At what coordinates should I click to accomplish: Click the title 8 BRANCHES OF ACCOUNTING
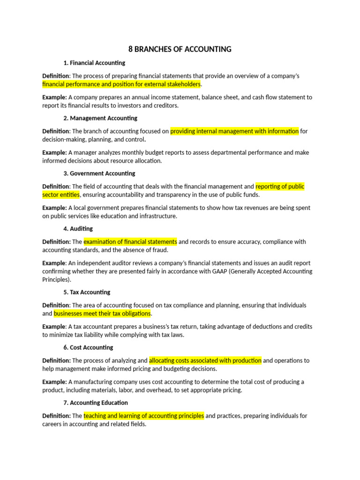pos(180,49)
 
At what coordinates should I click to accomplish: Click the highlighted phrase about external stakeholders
pos(121,84)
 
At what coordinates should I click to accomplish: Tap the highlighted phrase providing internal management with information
pos(234,131)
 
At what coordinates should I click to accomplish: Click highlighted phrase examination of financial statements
pos(130,242)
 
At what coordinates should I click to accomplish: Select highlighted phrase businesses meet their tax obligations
pos(102,314)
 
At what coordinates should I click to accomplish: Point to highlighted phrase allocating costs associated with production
pos(205,360)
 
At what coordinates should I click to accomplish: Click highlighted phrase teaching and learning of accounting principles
pos(144,416)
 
